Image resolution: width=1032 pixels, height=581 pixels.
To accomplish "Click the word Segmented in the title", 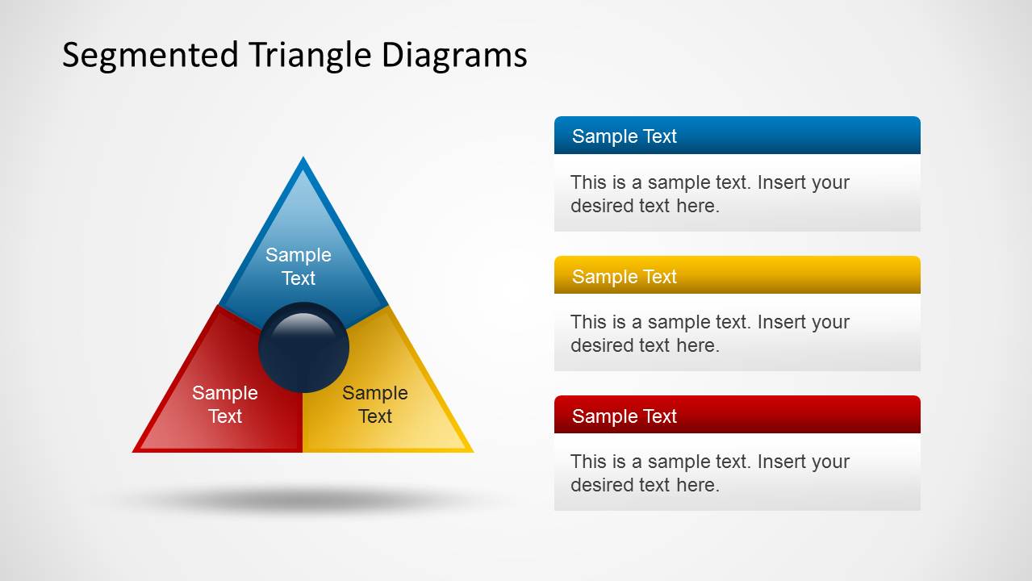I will pyautogui.click(x=150, y=55).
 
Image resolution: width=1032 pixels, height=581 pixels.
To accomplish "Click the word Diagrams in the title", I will pyautogui.click(x=453, y=55).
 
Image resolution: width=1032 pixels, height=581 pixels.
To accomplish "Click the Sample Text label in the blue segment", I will pyautogui.click(x=299, y=266).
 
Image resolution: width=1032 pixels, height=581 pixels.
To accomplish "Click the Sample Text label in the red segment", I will pyautogui.click(x=224, y=404).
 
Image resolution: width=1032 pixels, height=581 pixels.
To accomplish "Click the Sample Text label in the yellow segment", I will pyautogui.click(x=374, y=404).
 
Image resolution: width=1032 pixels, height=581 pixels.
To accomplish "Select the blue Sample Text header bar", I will pyautogui.click(x=737, y=136).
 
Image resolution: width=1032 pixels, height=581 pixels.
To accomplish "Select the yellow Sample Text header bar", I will pyautogui.click(x=737, y=276).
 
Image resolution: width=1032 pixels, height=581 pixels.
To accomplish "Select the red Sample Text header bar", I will pyautogui.click(x=737, y=416).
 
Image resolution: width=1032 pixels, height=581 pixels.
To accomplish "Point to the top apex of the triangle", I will pyautogui.click(x=303, y=160).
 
